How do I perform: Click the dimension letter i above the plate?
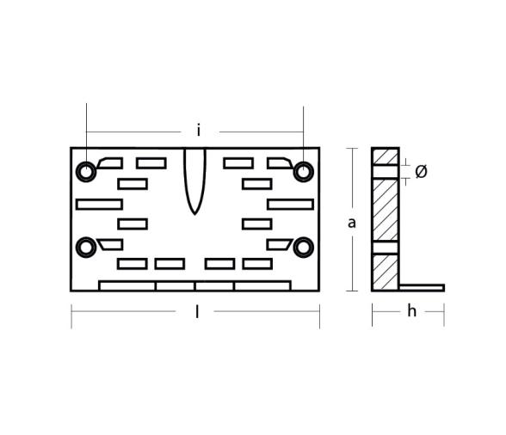click(x=199, y=131)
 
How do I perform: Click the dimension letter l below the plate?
click(x=197, y=312)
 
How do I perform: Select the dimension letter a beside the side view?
click(x=351, y=223)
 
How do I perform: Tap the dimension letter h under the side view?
click(x=411, y=311)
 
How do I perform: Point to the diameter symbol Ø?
click(x=421, y=172)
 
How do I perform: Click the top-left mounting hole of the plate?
click(x=86, y=171)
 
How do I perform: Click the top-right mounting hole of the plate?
click(x=303, y=171)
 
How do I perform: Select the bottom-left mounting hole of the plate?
click(x=86, y=248)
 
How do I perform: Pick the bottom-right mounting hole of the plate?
click(x=303, y=248)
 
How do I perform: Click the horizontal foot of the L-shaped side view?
click(x=422, y=287)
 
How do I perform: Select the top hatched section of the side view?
click(x=386, y=156)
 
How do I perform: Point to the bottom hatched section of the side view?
click(x=386, y=272)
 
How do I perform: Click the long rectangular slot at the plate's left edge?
click(x=99, y=204)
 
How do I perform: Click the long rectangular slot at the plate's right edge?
click(x=290, y=204)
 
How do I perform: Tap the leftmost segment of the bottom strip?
click(x=127, y=285)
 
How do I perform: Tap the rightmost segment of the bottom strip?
click(x=262, y=285)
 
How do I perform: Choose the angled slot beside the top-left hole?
click(x=110, y=162)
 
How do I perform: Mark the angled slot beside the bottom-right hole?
click(x=279, y=244)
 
